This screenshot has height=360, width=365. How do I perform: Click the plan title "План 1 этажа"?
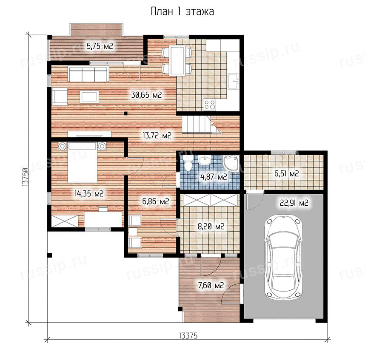pos(182,11)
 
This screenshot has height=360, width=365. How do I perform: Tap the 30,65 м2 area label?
pos(146,95)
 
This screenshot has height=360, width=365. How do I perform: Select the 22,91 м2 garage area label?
pos(294,203)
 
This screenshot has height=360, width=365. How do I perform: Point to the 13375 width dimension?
pos(188,336)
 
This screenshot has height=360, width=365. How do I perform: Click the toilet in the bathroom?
pos(187,164)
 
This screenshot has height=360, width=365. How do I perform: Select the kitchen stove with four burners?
pos(209,105)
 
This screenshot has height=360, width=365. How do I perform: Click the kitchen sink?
pos(234,81)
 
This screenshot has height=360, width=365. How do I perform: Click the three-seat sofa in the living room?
pos(88,74)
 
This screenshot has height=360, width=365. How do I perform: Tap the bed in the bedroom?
pos(82,162)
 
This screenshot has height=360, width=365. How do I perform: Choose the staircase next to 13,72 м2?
pos(201,125)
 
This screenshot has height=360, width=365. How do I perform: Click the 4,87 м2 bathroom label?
pos(214,177)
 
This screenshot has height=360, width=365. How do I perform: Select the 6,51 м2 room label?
pos(287,173)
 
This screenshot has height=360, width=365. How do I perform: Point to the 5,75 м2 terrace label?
pos(100,46)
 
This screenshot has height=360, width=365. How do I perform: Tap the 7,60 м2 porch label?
pos(211,285)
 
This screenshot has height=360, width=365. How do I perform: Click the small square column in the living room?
pos(125,113)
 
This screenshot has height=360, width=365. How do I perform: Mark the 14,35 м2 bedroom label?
pos(89,193)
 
